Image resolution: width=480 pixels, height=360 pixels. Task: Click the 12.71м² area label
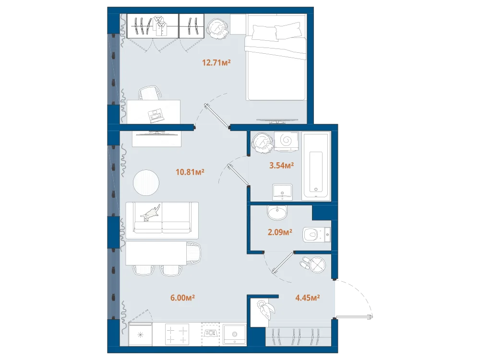[x=216, y=63]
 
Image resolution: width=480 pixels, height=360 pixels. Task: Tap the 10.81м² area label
[x=190, y=172]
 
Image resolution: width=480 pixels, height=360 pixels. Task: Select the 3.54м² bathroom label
[x=281, y=166]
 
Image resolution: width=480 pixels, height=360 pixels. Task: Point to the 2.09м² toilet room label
[x=280, y=232]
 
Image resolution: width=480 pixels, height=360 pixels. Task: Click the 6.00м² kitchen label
[x=182, y=298]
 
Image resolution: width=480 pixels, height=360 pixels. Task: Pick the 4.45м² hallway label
[x=307, y=298]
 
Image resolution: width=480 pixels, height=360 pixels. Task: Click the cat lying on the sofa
[x=150, y=213]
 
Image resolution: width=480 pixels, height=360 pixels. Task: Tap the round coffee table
[x=146, y=183]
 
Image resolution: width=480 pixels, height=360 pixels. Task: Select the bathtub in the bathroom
[x=316, y=166]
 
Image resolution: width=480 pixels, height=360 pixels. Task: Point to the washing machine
[x=286, y=141]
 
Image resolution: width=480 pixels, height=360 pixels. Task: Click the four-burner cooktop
[x=177, y=334]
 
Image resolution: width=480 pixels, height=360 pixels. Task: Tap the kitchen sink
[x=235, y=334]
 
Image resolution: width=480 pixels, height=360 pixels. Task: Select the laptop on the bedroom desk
[x=156, y=115]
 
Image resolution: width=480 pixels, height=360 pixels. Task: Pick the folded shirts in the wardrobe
[x=160, y=26]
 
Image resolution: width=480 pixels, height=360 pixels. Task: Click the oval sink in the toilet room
[x=277, y=213]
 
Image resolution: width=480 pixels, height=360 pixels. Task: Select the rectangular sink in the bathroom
[x=282, y=192]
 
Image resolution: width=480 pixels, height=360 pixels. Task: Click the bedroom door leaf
[x=217, y=115]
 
